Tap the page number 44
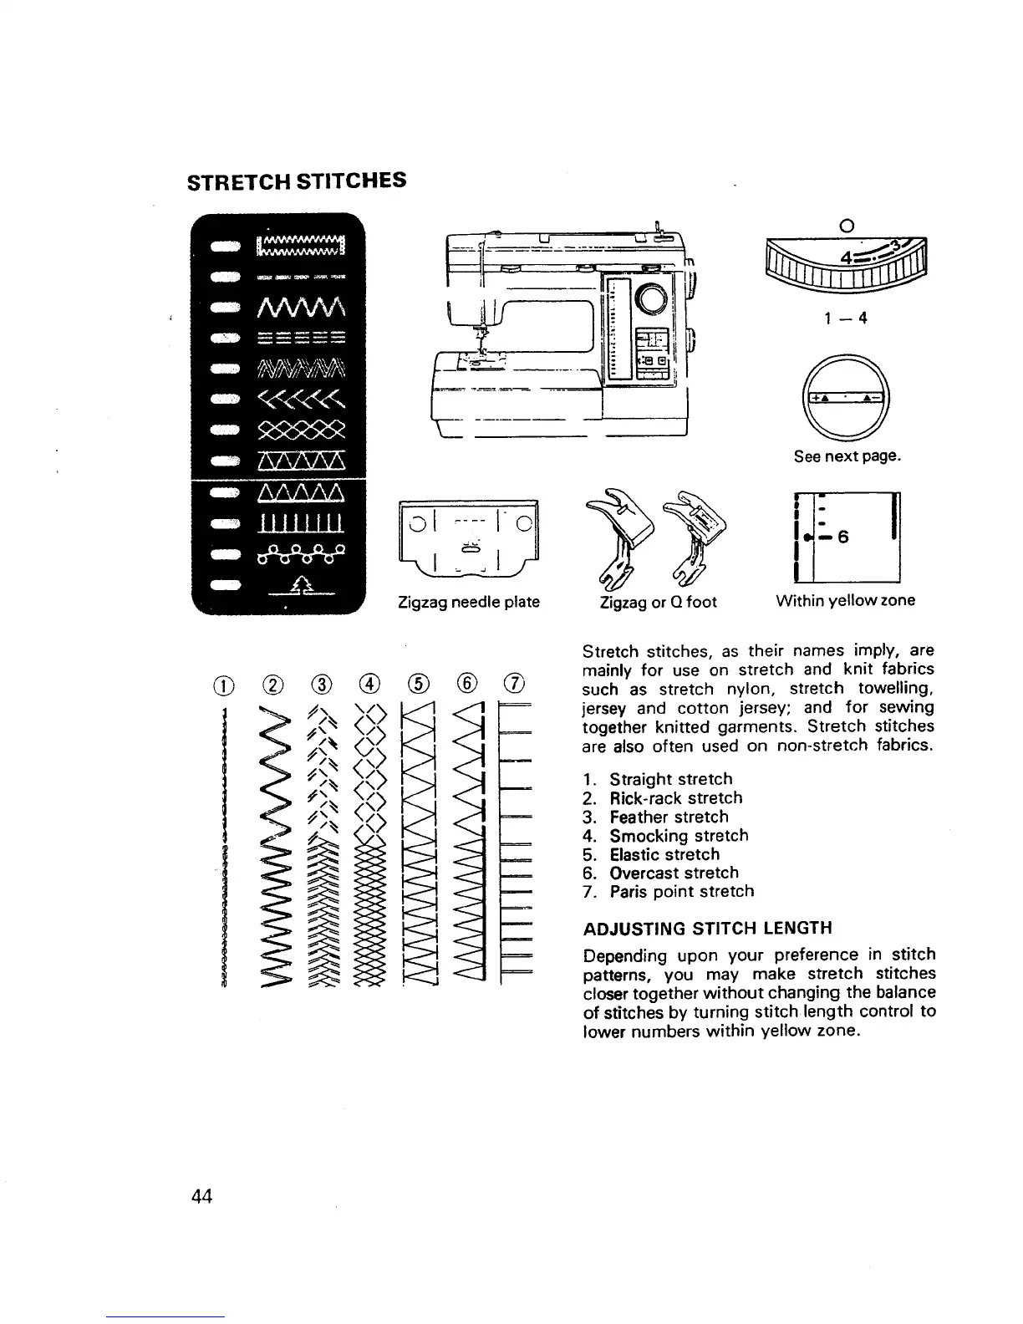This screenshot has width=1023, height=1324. pos(202,1197)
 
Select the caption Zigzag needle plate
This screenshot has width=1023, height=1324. pos(468,602)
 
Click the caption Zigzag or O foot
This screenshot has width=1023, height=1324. pos(658,602)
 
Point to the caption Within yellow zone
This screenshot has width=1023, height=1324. pos(845,600)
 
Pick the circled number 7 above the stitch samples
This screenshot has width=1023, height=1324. pos(513,685)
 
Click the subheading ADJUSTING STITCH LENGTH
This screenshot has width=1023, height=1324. pos(707,929)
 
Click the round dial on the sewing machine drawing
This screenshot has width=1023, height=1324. pos(653,298)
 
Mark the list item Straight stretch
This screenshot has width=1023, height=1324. pos(670,779)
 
